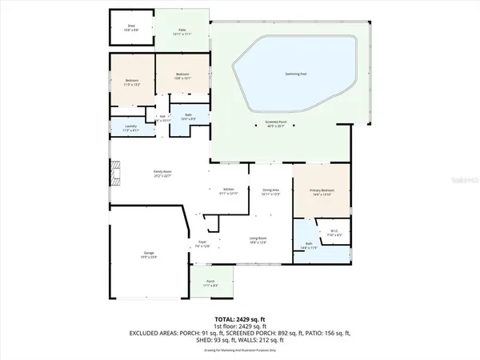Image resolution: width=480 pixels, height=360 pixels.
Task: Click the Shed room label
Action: point(132,26)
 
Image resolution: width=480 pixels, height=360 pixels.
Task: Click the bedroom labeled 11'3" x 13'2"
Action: point(132,81)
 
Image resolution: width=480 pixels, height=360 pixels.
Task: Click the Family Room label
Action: point(163,173)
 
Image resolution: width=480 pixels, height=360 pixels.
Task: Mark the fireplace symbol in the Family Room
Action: point(114,172)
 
